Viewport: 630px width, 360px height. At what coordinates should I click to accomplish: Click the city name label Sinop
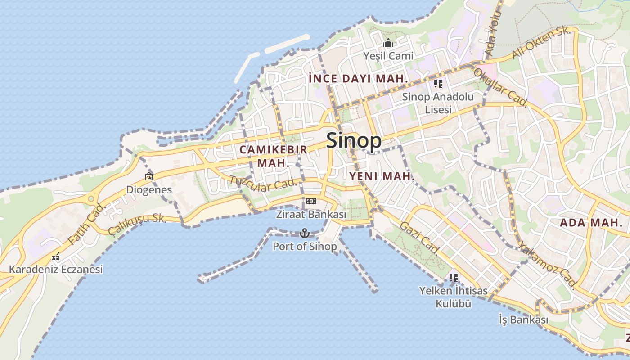354,141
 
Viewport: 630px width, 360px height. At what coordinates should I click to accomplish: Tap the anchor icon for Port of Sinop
305,233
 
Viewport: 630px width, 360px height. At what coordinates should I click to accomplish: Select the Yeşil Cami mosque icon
388,43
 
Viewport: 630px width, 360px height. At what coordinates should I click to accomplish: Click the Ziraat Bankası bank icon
311,201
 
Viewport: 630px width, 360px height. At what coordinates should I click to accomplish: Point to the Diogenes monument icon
148,176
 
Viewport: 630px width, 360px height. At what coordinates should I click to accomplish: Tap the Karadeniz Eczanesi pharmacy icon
56,257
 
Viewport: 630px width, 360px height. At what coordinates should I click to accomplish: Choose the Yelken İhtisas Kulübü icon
453,277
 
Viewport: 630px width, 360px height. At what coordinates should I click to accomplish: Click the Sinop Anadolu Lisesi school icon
438,83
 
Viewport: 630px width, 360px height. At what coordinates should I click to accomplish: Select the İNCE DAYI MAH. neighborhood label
359,79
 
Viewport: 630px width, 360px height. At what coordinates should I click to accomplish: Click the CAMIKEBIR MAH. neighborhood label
274,156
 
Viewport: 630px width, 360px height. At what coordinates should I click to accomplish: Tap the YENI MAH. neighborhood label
382,177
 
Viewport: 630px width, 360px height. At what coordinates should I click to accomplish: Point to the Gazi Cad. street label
419,238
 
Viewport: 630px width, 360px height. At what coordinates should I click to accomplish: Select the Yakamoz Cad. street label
547,265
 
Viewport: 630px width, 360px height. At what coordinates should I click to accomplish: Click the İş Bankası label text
524,320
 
